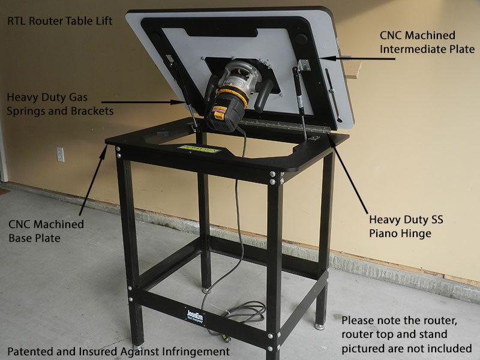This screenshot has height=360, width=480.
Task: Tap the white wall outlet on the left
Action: coord(61,154)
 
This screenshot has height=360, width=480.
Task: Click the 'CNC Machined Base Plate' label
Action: coord(46,232)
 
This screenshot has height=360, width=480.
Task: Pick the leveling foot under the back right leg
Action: coord(320,326)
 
